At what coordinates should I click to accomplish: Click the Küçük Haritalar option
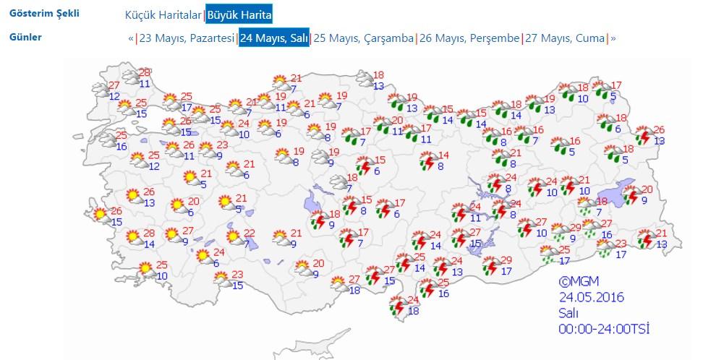[163, 15]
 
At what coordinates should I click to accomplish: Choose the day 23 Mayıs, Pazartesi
[187, 38]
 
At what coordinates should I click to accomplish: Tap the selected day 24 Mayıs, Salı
[274, 38]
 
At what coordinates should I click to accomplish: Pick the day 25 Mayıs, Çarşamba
[364, 38]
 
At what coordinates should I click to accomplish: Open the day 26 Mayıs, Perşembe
[469, 38]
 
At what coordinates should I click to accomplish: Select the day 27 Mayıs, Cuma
[565, 38]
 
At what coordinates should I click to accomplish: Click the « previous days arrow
[131, 38]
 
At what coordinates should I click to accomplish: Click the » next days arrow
[613, 38]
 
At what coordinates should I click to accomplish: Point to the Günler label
[25, 37]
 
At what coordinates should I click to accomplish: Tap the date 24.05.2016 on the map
[591, 297]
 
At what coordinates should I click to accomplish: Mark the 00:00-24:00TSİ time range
[603, 329]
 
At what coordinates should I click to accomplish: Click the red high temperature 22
[250, 233]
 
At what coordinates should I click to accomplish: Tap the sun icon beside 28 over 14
[133, 236]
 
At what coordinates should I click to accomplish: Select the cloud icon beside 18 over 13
[363, 80]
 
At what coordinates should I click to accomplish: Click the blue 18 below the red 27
[354, 290]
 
